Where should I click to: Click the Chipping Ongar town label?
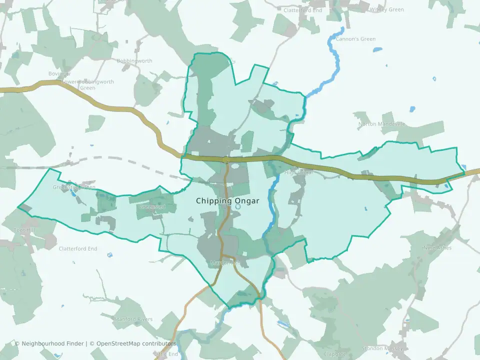(227, 201)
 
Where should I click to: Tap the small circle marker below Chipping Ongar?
(238, 206)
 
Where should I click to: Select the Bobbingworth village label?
(134, 61)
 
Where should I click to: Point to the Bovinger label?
(59, 74)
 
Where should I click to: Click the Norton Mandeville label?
(381, 124)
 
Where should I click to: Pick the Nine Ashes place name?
(437, 247)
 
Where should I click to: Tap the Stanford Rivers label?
(132, 318)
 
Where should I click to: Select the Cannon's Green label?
(355, 39)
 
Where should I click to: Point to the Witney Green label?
(386, 9)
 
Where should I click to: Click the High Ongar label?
(298, 173)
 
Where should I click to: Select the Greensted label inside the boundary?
(152, 206)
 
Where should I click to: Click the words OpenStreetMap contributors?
(136, 343)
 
